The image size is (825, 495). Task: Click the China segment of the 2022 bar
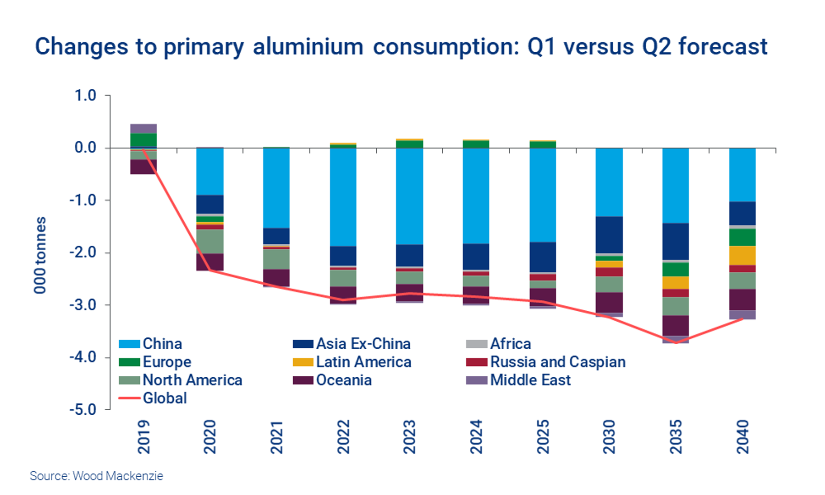point(343,197)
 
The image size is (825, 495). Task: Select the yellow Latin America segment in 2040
point(742,255)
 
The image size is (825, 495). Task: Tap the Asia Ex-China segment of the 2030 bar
point(609,235)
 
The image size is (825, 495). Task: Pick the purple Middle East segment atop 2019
point(143,128)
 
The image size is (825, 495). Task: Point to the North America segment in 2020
point(210,242)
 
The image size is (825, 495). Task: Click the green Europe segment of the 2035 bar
point(676,269)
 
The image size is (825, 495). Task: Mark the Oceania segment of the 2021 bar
point(276,278)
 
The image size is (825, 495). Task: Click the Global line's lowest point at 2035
point(676,342)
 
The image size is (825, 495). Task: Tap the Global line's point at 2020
point(210,270)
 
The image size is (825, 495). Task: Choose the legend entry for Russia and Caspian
point(557,362)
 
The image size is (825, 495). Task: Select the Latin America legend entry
point(363,362)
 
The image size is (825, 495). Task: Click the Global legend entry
point(165,398)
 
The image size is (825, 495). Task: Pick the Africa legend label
point(510,344)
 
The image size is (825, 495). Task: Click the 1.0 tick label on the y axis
point(85,95)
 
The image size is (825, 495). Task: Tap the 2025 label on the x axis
point(543,436)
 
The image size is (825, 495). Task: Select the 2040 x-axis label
point(742,436)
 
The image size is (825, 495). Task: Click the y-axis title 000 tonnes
point(40,255)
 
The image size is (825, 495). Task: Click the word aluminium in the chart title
point(308,47)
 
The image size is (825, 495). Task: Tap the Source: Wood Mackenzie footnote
point(96,476)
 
